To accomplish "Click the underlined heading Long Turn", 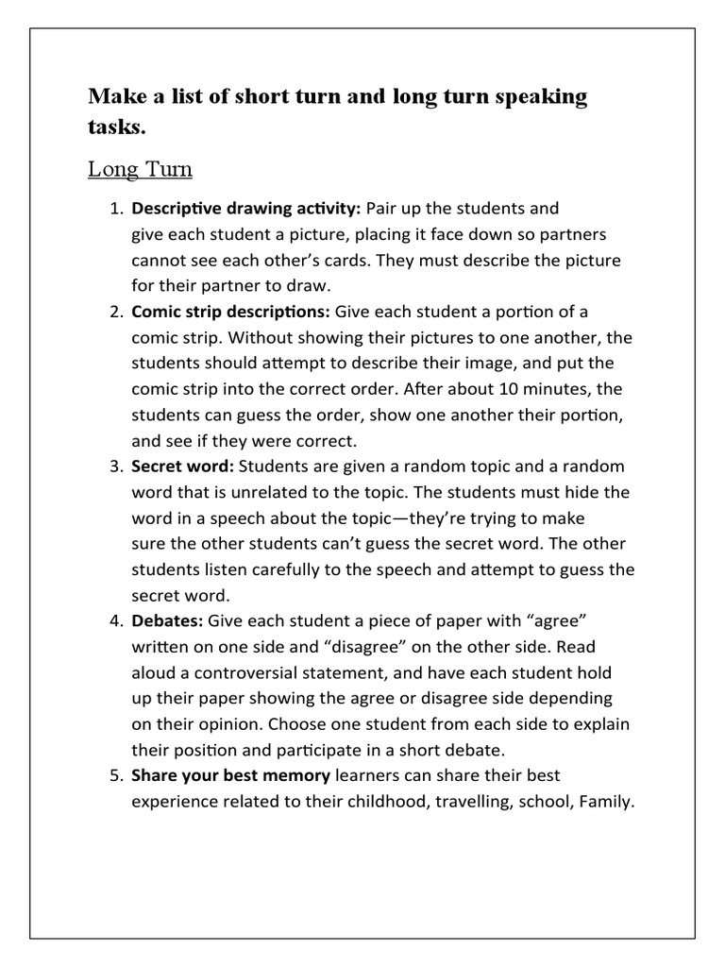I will click(x=140, y=170).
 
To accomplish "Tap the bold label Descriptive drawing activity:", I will click(x=246, y=208).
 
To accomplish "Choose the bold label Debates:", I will click(x=167, y=621).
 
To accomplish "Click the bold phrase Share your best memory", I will click(x=231, y=775).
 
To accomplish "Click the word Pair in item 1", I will click(x=382, y=208).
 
